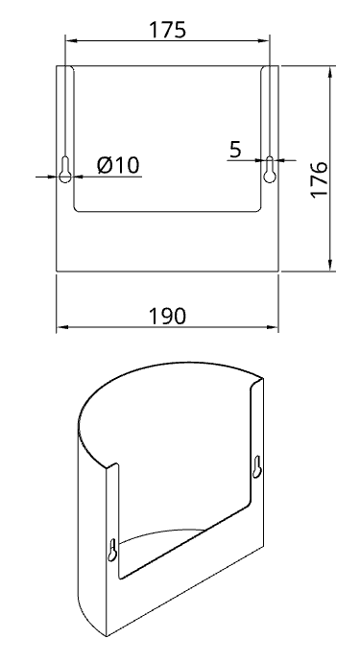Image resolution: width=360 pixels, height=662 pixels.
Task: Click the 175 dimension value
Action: tap(168, 29)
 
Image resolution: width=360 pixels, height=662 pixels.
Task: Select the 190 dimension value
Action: tap(168, 316)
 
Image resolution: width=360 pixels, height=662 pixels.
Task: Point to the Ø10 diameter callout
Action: tap(119, 165)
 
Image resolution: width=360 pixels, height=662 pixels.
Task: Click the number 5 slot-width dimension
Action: tap(235, 148)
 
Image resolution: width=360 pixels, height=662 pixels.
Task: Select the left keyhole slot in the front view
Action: tap(64, 169)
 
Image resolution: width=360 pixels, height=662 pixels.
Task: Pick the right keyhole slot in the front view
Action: tap(271, 169)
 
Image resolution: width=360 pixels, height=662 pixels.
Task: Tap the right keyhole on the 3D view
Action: tap(257, 466)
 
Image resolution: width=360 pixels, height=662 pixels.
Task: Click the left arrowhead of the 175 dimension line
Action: tap(69, 41)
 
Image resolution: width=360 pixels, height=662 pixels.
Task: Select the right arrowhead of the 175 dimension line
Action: tap(266, 41)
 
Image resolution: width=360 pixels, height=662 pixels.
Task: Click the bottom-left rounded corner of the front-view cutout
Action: tap(78, 209)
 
